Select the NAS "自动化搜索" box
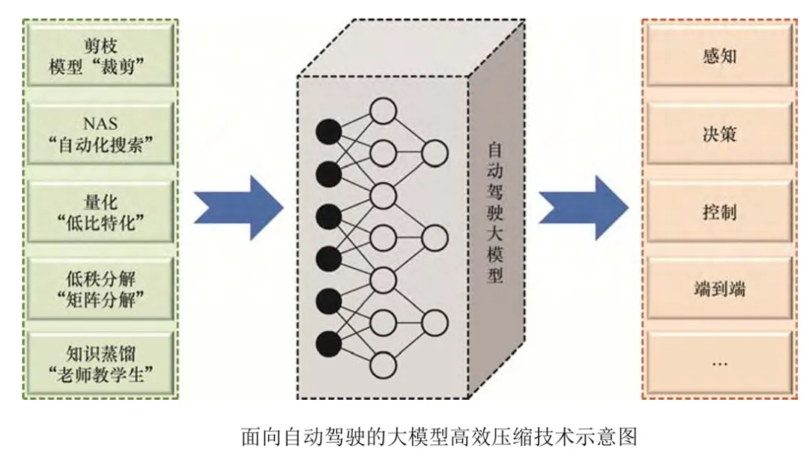click(x=103, y=134)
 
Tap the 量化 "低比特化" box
click(x=103, y=211)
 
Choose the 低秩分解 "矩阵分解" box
click(x=103, y=288)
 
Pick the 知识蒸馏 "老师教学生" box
click(x=103, y=365)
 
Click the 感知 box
click(x=719, y=57)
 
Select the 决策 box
click(x=719, y=134)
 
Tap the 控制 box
click(x=719, y=211)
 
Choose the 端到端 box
click(x=719, y=288)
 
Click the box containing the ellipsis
click(x=719, y=365)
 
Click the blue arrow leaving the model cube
click(x=584, y=208)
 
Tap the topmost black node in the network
click(x=327, y=133)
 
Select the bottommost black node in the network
click(x=327, y=344)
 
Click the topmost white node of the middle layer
click(x=383, y=112)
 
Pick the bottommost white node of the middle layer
click(x=383, y=365)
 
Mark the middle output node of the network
click(x=434, y=239)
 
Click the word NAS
click(x=101, y=124)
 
